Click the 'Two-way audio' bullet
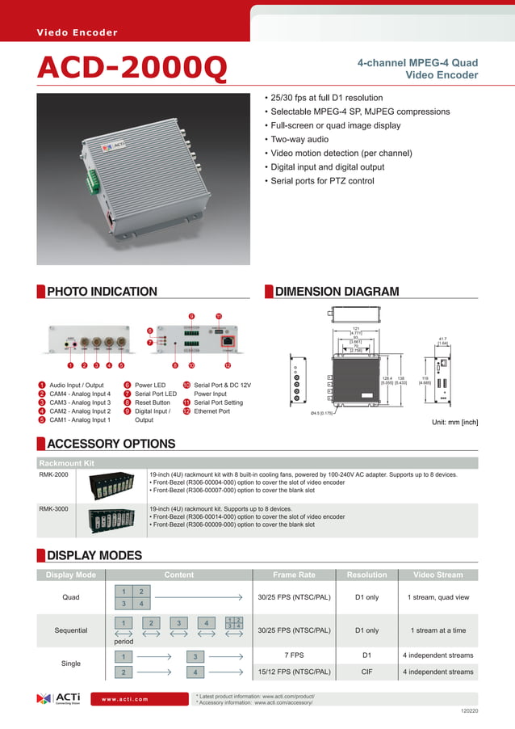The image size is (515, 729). [x=299, y=139]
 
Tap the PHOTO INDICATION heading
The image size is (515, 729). [x=102, y=292]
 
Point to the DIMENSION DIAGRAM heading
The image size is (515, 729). [x=337, y=292]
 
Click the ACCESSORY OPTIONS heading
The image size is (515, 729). [x=111, y=444]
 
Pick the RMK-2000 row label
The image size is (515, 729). [x=53, y=475]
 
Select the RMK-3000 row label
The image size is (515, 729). [x=53, y=509]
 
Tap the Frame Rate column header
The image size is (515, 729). [x=294, y=575]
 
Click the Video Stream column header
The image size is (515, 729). [x=438, y=575]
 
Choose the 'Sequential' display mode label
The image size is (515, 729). [x=71, y=630]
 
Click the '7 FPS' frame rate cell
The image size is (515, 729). [x=294, y=655]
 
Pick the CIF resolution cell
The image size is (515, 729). [x=366, y=672]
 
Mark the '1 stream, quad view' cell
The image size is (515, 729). [x=438, y=598]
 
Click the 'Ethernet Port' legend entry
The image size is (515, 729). [x=211, y=411]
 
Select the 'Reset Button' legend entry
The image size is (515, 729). [x=153, y=402]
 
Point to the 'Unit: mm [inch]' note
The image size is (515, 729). [x=456, y=422]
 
